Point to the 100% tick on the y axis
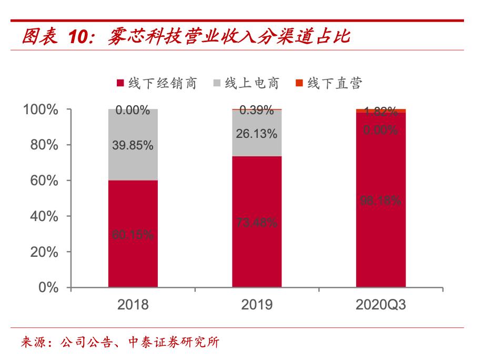click(x=40, y=110)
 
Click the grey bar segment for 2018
click(x=133, y=158)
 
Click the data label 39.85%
click(x=133, y=146)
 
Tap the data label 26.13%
click(x=257, y=134)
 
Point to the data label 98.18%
click(x=381, y=201)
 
